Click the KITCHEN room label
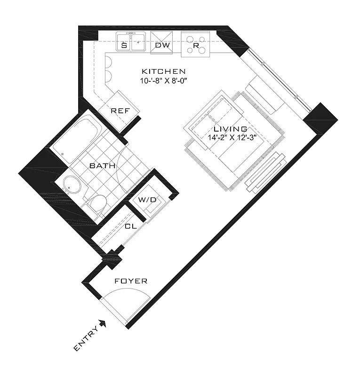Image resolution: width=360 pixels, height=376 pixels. [x=164, y=71]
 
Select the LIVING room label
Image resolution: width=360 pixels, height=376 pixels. [x=230, y=129]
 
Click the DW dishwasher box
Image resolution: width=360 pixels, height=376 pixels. [x=162, y=46]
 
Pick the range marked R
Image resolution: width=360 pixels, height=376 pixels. [x=196, y=46]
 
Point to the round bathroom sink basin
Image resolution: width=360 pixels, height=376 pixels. [x=72, y=186]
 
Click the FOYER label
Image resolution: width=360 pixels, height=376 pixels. [x=131, y=281]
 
